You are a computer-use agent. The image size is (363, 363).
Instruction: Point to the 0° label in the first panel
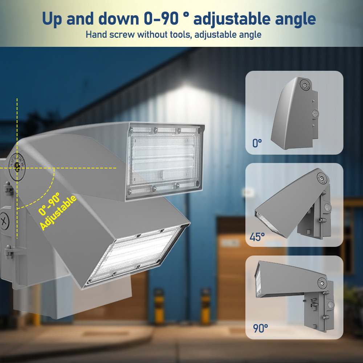(x=257, y=143)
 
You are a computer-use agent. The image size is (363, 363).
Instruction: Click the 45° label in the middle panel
(x=257, y=237)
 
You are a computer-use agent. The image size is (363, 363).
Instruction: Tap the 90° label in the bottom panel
(x=260, y=328)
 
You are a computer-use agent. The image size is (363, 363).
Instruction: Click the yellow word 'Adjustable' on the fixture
(x=58, y=212)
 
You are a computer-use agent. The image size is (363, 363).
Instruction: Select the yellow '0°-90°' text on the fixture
(x=49, y=204)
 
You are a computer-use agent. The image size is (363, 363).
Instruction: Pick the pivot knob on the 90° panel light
(x=322, y=283)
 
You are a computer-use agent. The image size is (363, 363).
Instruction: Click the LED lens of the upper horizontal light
(x=164, y=160)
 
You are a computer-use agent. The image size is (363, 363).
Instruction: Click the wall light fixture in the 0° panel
(x=295, y=113)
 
